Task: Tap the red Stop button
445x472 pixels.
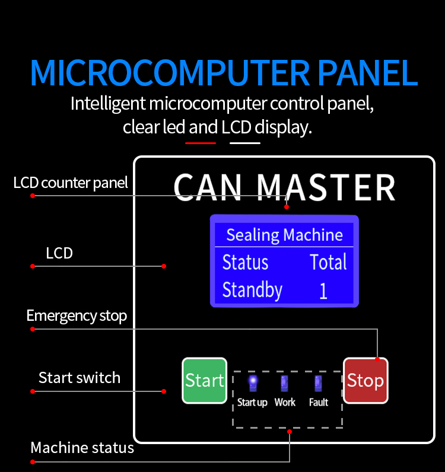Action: click(x=365, y=381)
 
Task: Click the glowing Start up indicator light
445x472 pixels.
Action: click(x=253, y=382)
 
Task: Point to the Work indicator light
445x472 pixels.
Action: click(x=284, y=383)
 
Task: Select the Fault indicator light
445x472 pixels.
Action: click(x=318, y=383)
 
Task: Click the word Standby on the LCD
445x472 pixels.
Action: click(x=252, y=290)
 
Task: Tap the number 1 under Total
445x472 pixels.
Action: click(x=323, y=291)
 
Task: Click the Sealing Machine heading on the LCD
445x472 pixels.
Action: click(x=284, y=235)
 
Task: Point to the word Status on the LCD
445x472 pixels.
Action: click(x=245, y=262)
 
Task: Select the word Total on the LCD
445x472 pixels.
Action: click(x=328, y=262)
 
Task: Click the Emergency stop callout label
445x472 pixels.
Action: click(x=77, y=316)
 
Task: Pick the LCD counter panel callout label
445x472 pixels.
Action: click(x=71, y=183)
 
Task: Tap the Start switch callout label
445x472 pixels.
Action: click(x=80, y=378)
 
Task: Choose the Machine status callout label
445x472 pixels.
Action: click(x=82, y=448)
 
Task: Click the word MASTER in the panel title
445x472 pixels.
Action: click(x=326, y=187)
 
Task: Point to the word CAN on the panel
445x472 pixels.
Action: click(x=208, y=187)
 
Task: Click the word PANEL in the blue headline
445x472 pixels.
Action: click(x=367, y=72)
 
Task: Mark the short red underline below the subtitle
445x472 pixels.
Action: click(x=201, y=143)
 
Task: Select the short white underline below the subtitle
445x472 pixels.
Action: click(x=245, y=143)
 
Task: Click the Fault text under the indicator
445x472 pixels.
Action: click(x=319, y=402)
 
